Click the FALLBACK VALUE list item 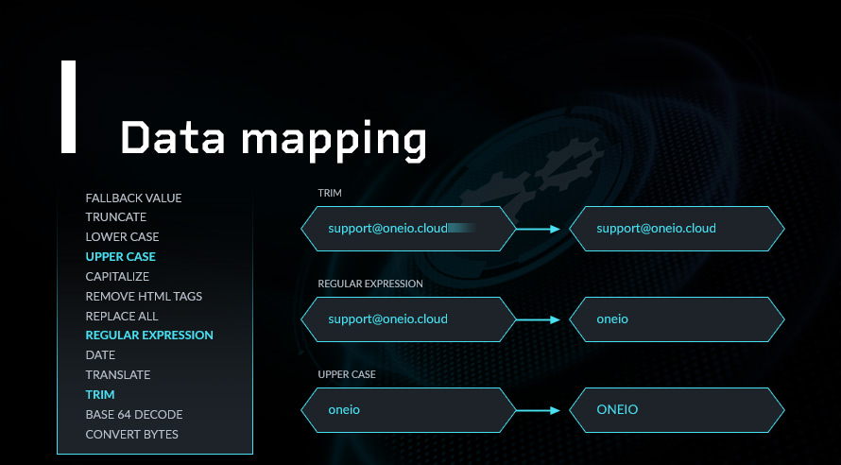[x=133, y=198]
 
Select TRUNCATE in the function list [x=116, y=217]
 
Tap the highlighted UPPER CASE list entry [x=121, y=256]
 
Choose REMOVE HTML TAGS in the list [x=144, y=296]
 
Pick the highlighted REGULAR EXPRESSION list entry [x=149, y=336]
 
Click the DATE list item [x=100, y=355]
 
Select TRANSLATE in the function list [x=118, y=375]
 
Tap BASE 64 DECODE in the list [x=134, y=415]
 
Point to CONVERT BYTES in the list [x=132, y=435]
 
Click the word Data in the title [x=173, y=137]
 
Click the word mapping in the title [x=334, y=141]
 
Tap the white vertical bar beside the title [x=69, y=107]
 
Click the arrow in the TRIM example [x=538, y=229]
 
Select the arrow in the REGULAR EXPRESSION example [x=538, y=319]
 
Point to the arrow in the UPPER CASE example [x=538, y=410]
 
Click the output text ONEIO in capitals [x=617, y=410]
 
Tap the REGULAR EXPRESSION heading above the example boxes [x=370, y=284]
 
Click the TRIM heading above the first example [x=330, y=193]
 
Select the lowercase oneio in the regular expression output [x=612, y=319]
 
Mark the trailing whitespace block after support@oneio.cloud [x=462, y=229]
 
